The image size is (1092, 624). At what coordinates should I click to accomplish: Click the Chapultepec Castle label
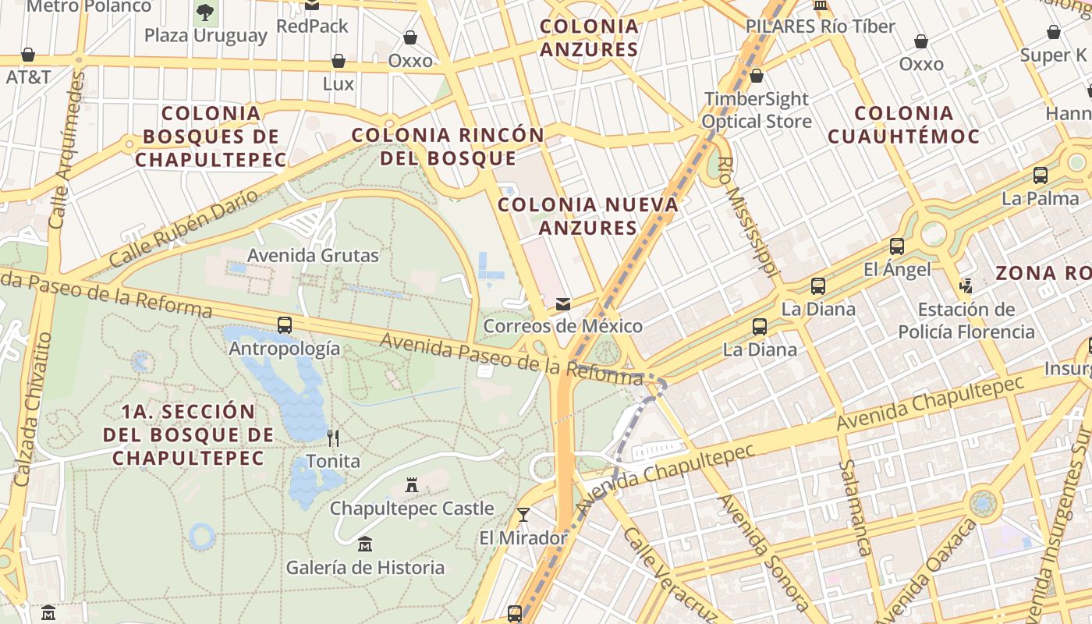[x=412, y=509]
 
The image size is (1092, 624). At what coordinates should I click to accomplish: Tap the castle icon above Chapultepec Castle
[x=412, y=487]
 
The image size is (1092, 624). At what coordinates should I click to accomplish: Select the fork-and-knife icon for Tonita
[x=333, y=438]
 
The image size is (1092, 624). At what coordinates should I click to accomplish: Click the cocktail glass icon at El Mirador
[x=523, y=515]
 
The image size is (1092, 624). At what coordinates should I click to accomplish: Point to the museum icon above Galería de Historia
[x=364, y=544]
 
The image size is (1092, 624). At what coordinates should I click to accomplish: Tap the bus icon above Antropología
[x=285, y=325]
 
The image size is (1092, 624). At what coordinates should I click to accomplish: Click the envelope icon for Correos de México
[x=562, y=304]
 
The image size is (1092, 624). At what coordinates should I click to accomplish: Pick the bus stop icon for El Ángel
[x=897, y=247]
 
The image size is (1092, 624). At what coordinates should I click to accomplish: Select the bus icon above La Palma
[x=1041, y=175]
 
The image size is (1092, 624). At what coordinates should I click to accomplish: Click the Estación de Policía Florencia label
[x=966, y=321]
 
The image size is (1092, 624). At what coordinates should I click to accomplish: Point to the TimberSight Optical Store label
[x=757, y=110]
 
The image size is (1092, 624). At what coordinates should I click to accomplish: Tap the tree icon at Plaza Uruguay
[x=205, y=12]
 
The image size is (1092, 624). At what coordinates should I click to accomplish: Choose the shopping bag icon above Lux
[x=339, y=61]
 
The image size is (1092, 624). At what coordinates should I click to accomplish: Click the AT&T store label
[x=28, y=77]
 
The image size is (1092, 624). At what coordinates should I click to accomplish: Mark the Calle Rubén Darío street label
[x=183, y=228]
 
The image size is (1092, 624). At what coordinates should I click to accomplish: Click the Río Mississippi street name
[x=748, y=218]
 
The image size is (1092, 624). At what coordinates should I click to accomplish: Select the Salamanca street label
[x=854, y=507]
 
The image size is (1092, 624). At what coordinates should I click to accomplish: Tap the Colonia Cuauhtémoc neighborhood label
[x=903, y=125]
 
